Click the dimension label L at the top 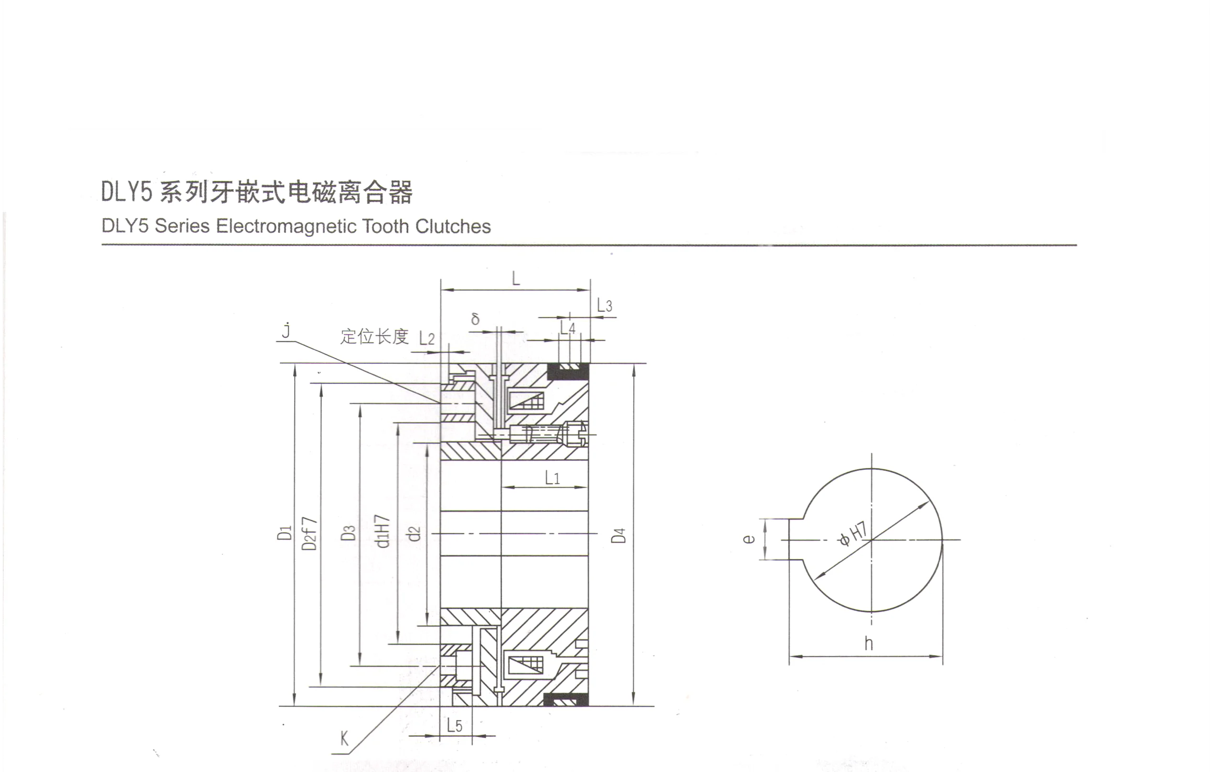(516, 278)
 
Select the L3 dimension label (605, 306)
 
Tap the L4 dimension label (568, 328)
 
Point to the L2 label (426, 338)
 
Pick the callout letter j (287, 330)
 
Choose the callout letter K (345, 739)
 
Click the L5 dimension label (454, 725)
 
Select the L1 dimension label (552, 477)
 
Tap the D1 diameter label (285, 533)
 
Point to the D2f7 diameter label (309, 533)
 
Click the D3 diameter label (348, 533)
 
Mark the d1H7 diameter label (382, 531)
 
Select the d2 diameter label (414, 533)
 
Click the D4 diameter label (618, 535)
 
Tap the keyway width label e (749, 539)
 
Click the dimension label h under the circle (868, 644)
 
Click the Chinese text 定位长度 (374, 337)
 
